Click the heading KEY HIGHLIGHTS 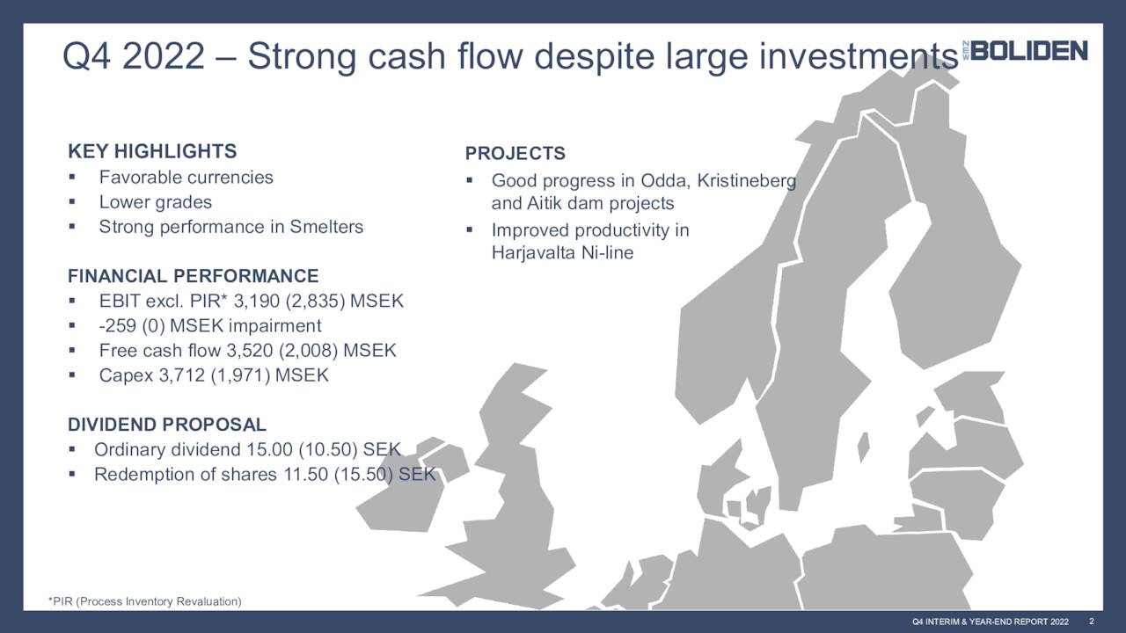(152, 151)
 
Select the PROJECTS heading (515, 154)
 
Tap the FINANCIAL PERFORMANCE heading (193, 276)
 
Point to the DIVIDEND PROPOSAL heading (166, 426)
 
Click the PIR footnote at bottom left (144, 601)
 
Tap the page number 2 (1091, 622)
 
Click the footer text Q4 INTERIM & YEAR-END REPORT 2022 (990, 622)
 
